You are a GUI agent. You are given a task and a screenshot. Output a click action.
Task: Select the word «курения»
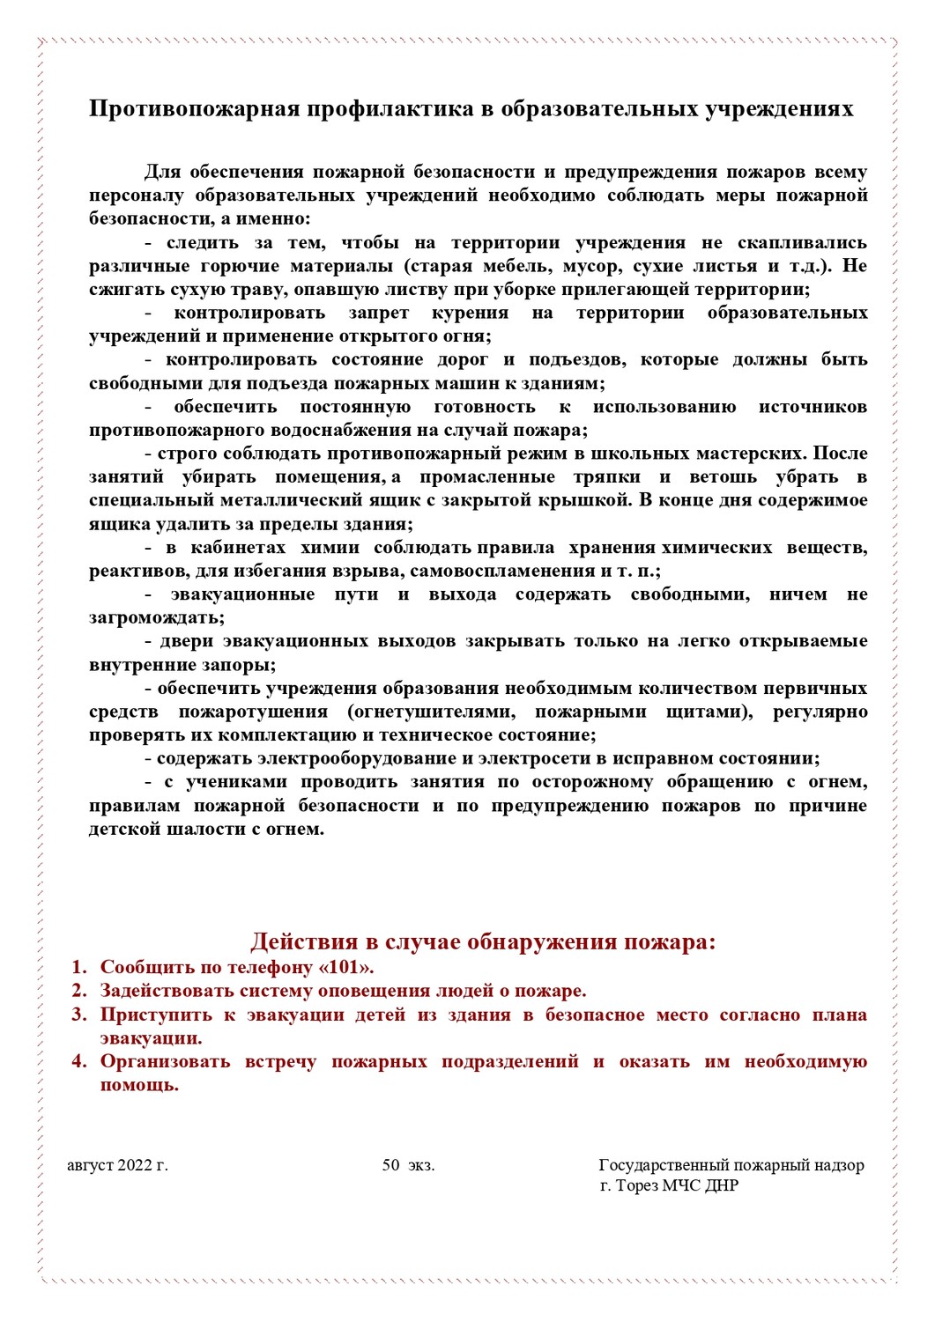(x=470, y=313)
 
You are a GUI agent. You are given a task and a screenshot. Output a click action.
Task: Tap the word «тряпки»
(x=606, y=476)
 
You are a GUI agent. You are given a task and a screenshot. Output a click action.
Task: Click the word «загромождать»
(x=156, y=617)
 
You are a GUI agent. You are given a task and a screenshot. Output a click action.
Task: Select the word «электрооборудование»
(x=360, y=758)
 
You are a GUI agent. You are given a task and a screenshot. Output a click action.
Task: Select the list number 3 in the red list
(x=79, y=1015)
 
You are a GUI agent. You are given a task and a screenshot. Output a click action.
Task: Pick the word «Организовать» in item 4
(x=165, y=1061)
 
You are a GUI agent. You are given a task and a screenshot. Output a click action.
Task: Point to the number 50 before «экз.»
(x=391, y=1165)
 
